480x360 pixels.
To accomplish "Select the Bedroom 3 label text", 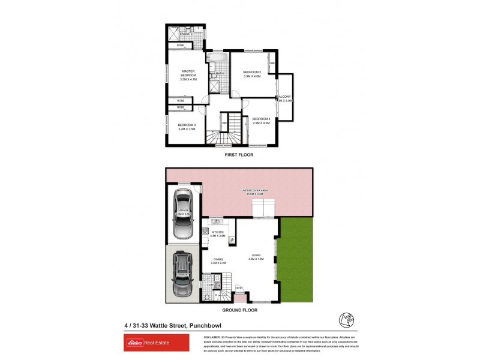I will tap(187, 127).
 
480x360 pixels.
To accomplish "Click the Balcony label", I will tap(284, 98).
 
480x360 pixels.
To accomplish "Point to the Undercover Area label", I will tap(256, 191).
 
